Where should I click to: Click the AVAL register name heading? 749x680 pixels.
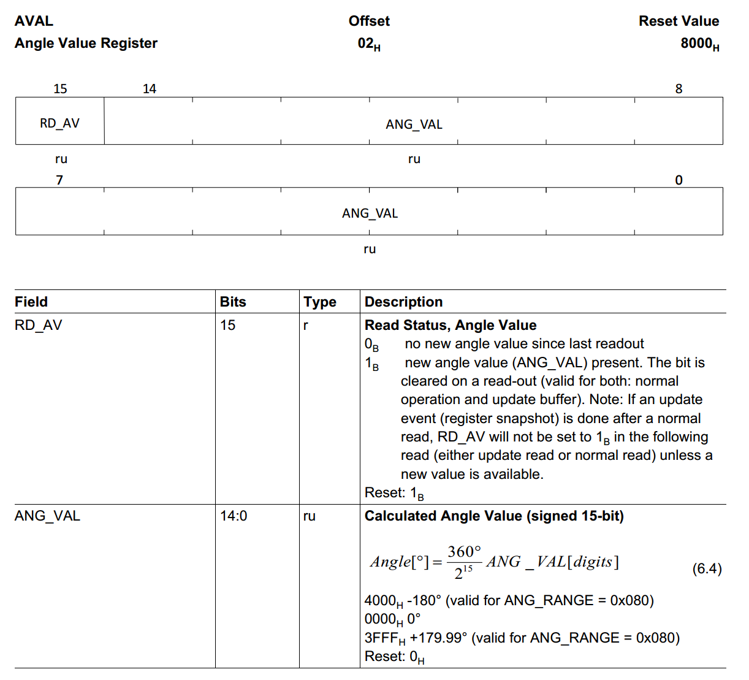[34, 21]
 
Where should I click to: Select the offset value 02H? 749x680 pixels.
[369, 44]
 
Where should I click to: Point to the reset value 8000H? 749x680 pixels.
[699, 44]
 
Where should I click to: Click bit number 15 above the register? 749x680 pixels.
[60, 89]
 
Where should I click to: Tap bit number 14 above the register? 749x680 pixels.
[150, 89]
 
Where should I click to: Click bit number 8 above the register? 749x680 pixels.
[679, 89]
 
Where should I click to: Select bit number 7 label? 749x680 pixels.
[59, 180]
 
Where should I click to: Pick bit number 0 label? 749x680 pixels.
[679, 180]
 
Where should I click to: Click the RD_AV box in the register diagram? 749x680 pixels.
[59, 123]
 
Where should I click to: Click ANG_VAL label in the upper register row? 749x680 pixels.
[414, 124]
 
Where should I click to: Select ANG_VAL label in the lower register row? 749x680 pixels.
[370, 213]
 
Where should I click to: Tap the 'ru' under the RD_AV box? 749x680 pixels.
[61, 159]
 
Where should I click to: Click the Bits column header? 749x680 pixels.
[233, 302]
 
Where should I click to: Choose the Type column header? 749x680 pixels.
[320, 302]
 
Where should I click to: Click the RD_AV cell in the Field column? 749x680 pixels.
[39, 325]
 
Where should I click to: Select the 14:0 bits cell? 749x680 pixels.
[234, 516]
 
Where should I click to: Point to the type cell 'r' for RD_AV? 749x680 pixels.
[306, 326]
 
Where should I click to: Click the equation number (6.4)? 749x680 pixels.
[707, 568]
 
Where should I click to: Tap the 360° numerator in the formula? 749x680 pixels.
[464, 552]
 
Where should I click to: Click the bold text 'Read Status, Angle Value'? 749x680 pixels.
[451, 325]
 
